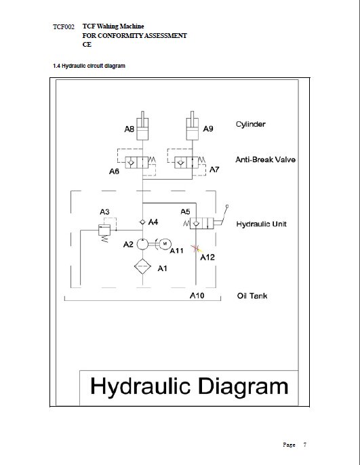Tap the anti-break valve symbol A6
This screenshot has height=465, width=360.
pyautogui.click(x=137, y=163)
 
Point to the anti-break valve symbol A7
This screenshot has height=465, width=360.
pyautogui.click(x=187, y=163)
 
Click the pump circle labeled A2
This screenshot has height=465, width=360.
pyautogui.click(x=142, y=244)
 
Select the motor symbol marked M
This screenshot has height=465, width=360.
pyautogui.click(x=165, y=244)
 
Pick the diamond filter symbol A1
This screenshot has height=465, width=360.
pyautogui.click(x=142, y=266)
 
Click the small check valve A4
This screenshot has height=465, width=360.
pyautogui.click(x=142, y=222)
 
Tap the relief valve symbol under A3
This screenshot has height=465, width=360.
pyautogui.click(x=104, y=230)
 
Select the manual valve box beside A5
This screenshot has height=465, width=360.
pyautogui.click(x=201, y=223)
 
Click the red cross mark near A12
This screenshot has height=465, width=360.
pyautogui.click(x=195, y=248)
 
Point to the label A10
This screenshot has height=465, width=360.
pyautogui.click(x=197, y=296)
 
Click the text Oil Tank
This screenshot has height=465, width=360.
pyautogui.click(x=252, y=296)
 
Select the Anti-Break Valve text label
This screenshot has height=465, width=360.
pyautogui.click(x=265, y=159)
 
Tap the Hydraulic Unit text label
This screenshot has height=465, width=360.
pyautogui.click(x=261, y=224)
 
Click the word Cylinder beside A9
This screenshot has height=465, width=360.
pyautogui.click(x=251, y=124)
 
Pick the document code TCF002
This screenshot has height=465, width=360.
pyautogui.click(x=64, y=27)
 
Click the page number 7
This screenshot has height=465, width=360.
pyautogui.click(x=304, y=445)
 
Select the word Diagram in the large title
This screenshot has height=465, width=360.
pyautogui.click(x=243, y=386)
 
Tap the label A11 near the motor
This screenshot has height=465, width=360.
pyautogui.click(x=177, y=251)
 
